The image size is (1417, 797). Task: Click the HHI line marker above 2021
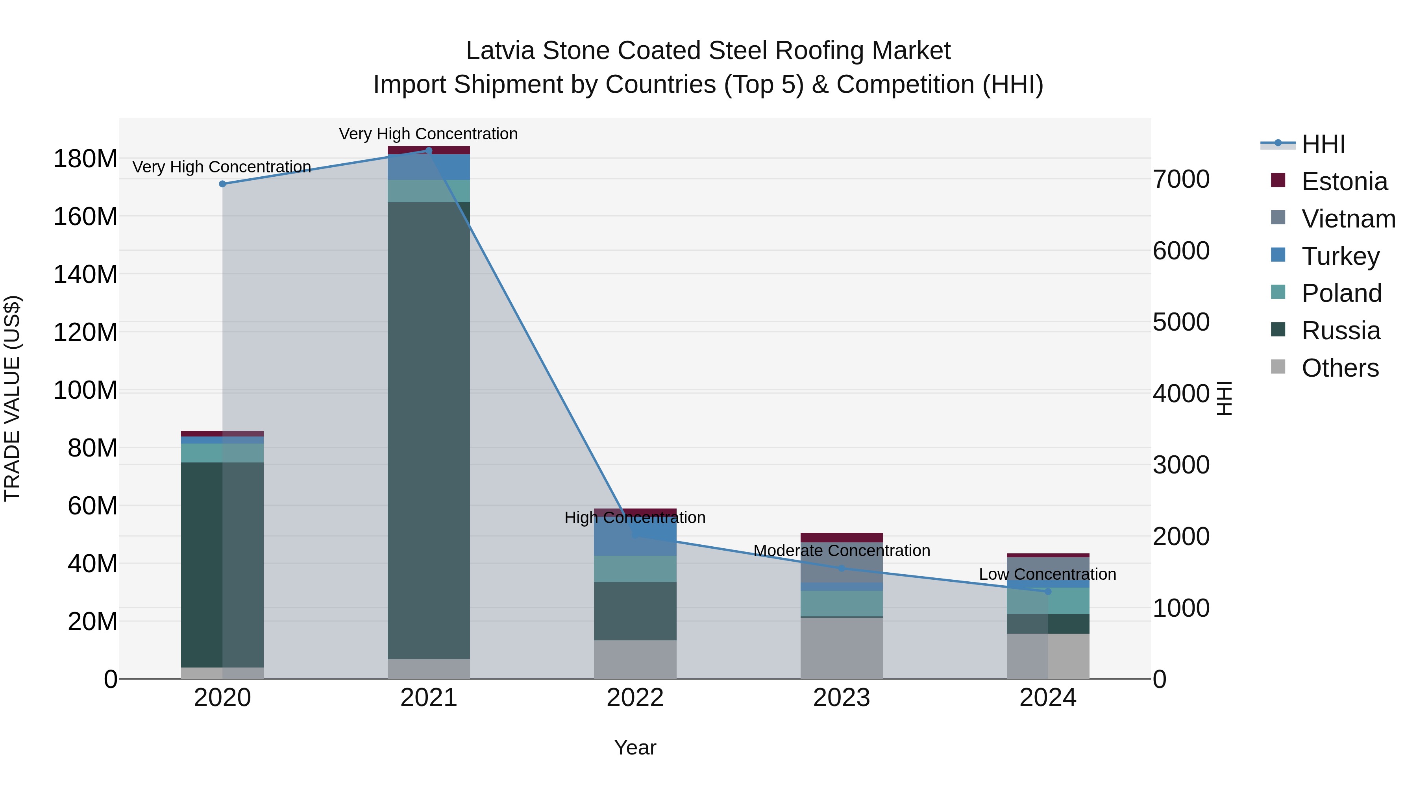coord(429,151)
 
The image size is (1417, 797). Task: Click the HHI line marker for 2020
coord(222,184)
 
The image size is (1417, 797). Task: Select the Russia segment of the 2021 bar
coord(429,429)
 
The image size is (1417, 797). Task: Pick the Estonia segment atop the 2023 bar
coord(841,537)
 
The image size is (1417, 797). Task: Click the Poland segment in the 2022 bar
coord(635,569)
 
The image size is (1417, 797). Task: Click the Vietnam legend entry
coord(1348,219)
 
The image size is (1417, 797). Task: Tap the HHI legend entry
coord(1323,144)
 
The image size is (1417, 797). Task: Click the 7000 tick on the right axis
coord(1181,179)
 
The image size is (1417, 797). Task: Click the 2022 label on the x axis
coord(635,698)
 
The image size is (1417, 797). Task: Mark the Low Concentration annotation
coord(1047,574)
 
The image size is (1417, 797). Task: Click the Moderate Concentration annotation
coord(842,551)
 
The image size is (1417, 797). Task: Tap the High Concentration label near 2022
coord(635,518)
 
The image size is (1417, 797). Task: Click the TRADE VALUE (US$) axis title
coord(12,398)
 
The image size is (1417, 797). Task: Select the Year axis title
coord(635,747)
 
